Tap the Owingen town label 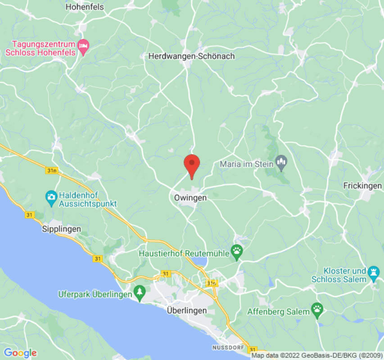[x=190, y=198]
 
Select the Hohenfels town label [x=85, y=7]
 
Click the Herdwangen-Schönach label [x=191, y=57]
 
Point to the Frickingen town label [x=362, y=186]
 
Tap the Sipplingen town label [x=61, y=229]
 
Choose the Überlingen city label [x=187, y=310]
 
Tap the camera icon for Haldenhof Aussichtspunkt [x=51, y=196]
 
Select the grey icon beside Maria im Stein [x=282, y=163]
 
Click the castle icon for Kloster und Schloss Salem [x=373, y=272]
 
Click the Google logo [x=20, y=353]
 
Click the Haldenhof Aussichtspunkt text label [x=88, y=200]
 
